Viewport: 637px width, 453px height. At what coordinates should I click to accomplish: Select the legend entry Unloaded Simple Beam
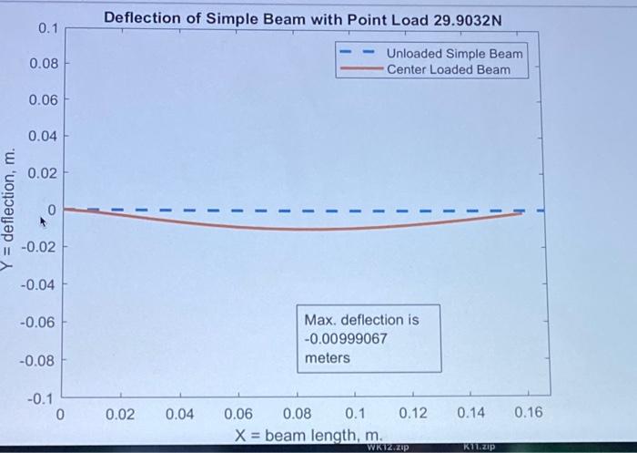[x=454, y=54]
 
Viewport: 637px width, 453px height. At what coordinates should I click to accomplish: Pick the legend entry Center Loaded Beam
[x=448, y=69]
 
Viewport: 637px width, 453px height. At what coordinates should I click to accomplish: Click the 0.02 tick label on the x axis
[x=120, y=414]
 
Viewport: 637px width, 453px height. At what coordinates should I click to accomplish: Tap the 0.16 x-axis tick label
[x=528, y=414]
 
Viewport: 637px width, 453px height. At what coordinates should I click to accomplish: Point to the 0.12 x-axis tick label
[x=413, y=414]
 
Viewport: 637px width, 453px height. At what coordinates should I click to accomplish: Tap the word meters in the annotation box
[x=328, y=358]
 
